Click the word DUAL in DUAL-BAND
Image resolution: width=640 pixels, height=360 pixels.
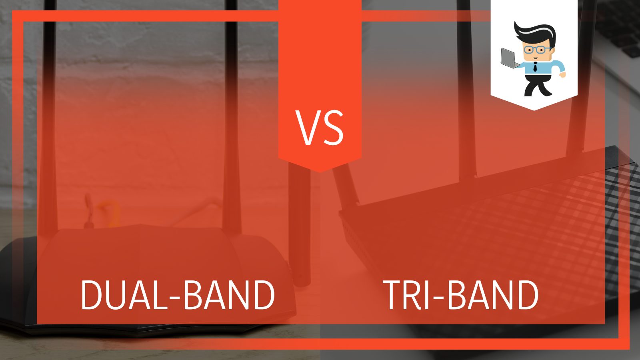click(122, 295)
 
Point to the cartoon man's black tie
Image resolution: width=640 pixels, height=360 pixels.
click(535, 66)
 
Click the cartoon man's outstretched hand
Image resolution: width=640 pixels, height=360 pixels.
click(562, 74)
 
